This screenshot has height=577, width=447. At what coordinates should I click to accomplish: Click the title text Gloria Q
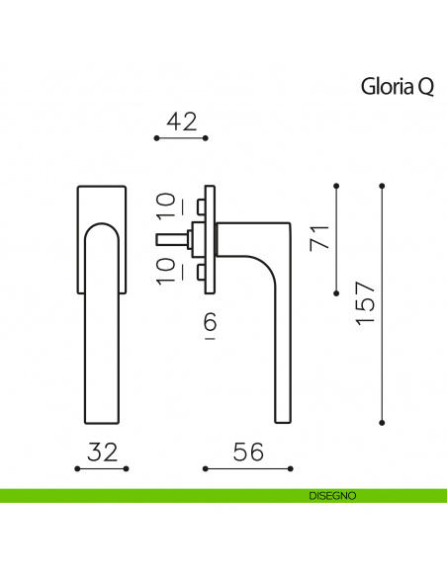pyautogui.click(x=397, y=88)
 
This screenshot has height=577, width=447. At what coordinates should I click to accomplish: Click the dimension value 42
pyautogui.click(x=181, y=122)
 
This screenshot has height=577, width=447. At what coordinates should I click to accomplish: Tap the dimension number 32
pyautogui.click(x=102, y=452)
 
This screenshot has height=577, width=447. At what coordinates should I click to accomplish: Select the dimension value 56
pyautogui.click(x=248, y=452)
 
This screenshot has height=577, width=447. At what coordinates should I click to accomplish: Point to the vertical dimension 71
pyautogui.click(x=318, y=237)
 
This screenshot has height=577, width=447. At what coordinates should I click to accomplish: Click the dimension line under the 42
pyautogui.click(x=181, y=139)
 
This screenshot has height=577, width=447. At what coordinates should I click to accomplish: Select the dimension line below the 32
pyautogui.click(x=102, y=468)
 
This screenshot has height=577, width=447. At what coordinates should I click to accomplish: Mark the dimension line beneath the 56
pyautogui.click(x=248, y=468)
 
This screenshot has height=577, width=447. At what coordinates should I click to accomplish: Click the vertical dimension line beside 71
pyautogui.click(x=337, y=237)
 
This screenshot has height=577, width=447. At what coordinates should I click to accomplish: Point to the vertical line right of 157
pyautogui.click(x=383, y=304)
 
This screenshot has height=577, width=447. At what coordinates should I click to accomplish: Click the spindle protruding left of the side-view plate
pyautogui.click(x=169, y=238)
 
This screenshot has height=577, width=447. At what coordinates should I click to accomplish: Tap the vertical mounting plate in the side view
pyautogui.click(x=209, y=238)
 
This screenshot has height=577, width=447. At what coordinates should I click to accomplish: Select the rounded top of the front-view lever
pyautogui.click(x=102, y=230)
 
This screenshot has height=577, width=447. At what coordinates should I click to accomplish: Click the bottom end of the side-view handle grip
pyautogui.click(x=280, y=415)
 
